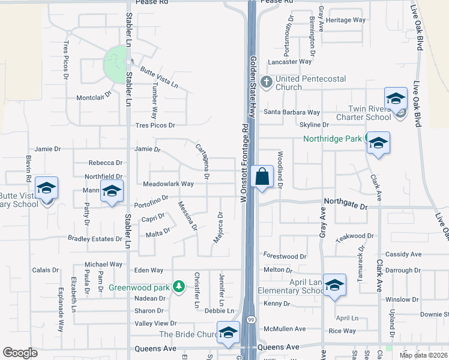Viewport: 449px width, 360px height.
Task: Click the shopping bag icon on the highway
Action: point(262,178)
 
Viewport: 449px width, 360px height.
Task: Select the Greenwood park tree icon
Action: point(178,287)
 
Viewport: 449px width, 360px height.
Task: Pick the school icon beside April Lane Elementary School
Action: point(334,284)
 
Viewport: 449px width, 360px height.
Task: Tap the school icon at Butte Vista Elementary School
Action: point(46,188)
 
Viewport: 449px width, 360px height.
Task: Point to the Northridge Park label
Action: point(331,139)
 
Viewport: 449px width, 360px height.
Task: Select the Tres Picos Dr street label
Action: point(155,125)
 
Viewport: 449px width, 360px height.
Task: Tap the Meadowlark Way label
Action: point(168,184)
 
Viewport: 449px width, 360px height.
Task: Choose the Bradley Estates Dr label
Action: point(95,239)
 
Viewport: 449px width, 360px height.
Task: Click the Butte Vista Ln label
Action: point(159,77)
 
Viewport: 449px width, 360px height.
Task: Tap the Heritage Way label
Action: point(346,20)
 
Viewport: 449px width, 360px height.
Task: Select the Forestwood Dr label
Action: point(285,256)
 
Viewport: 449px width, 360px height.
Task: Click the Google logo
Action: point(20,353)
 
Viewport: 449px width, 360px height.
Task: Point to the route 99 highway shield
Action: point(252,320)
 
